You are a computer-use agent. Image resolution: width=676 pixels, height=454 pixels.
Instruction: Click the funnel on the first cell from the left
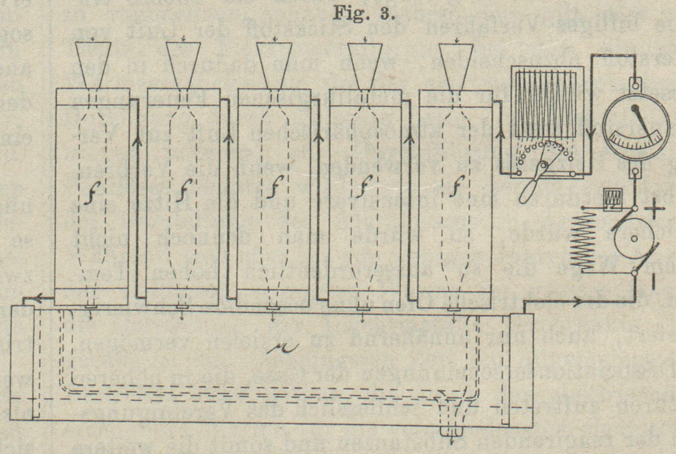94,65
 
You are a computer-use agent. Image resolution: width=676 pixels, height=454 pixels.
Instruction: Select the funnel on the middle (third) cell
274,65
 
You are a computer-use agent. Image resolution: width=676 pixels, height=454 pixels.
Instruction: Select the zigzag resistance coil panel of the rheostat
546,104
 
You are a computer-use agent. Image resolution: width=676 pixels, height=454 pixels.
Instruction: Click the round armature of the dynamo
634,239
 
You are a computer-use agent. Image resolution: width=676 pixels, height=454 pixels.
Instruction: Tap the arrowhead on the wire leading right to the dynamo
578,301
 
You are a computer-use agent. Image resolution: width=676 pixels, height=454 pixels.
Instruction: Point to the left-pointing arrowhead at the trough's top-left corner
38,297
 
